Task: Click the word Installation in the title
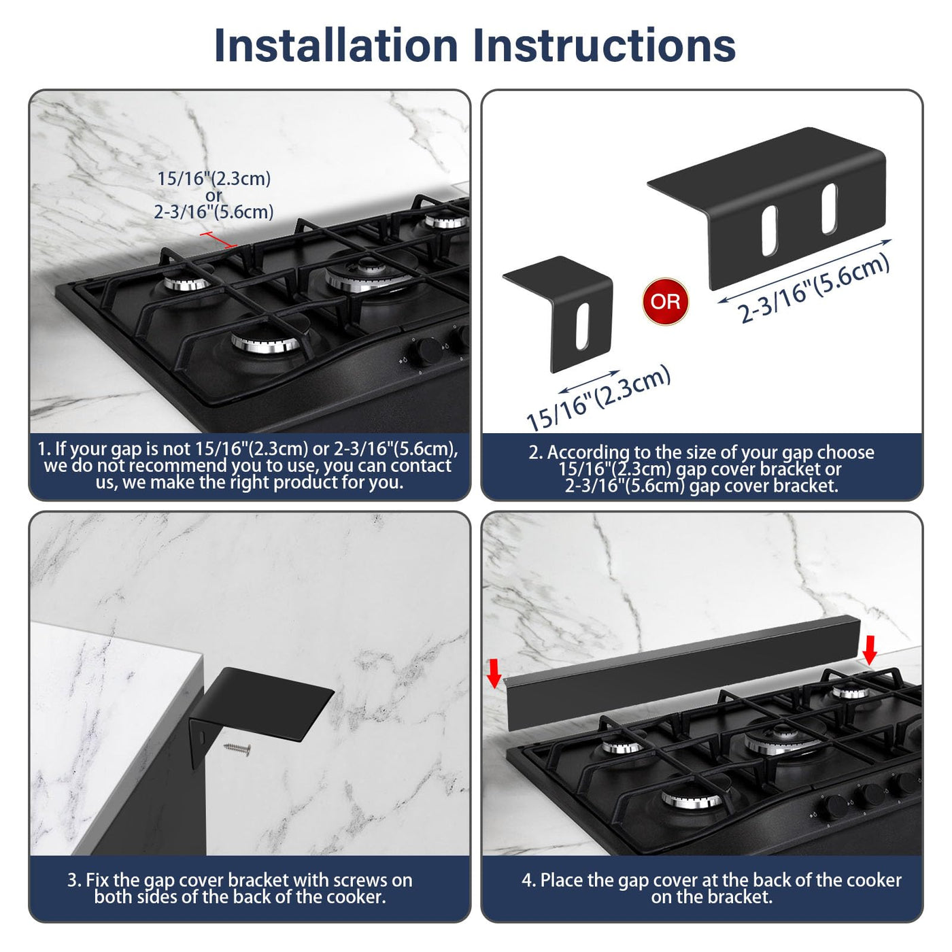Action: tap(336, 46)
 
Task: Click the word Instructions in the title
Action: tap(605, 46)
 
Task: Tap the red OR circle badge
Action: tap(665, 301)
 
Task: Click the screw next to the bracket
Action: tap(237, 749)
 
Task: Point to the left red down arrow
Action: tap(494, 673)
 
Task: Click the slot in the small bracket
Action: tap(583, 326)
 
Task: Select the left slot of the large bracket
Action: tap(769, 231)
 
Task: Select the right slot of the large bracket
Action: tap(829, 209)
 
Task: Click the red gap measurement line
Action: tap(219, 239)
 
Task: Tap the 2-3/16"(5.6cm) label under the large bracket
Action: tap(813, 289)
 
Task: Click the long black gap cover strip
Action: tap(682, 671)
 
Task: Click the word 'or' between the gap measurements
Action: tap(214, 195)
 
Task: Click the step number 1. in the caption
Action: tap(44, 449)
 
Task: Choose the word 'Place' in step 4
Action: tap(562, 880)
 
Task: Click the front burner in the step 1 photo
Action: tap(266, 341)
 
